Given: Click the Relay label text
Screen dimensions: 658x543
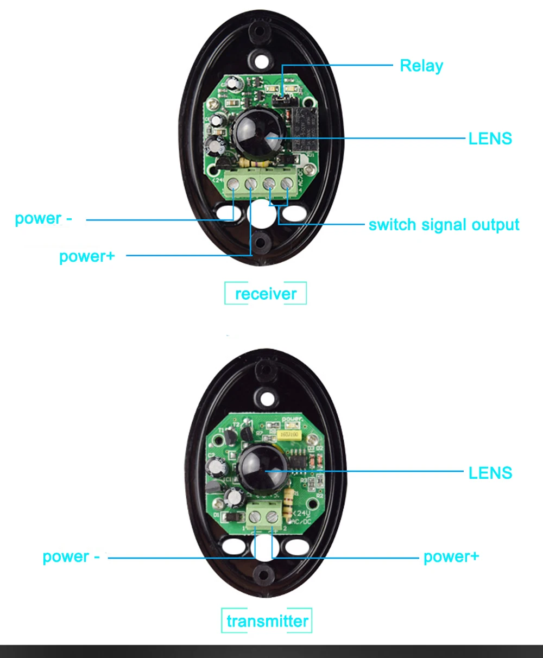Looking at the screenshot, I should point(421,66).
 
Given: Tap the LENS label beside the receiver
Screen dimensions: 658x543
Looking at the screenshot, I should point(490,138).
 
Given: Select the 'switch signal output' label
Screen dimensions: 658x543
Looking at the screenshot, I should point(444,225).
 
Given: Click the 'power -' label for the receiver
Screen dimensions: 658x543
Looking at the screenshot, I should point(43,219).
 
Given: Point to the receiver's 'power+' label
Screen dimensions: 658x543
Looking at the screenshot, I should point(87,256).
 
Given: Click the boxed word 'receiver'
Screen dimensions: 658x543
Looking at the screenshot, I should point(266,294).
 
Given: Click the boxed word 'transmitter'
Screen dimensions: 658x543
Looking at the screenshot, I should point(267,621).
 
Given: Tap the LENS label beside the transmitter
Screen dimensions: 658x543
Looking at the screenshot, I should point(490,473).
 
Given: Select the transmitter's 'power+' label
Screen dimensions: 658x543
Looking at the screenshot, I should point(451,556).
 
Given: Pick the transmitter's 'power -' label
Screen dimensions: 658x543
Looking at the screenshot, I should point(71,557).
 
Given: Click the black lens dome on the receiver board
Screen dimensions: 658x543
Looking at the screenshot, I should point(255,133).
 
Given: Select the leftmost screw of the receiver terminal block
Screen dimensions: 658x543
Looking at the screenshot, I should point(233,185).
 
